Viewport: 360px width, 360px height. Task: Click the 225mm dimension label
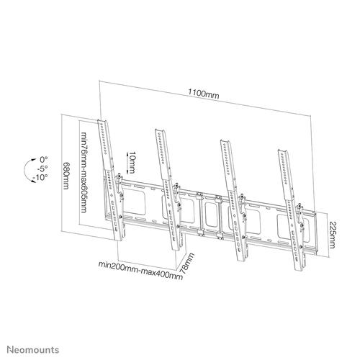[332, 232]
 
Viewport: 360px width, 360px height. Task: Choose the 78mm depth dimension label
[189, 264]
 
